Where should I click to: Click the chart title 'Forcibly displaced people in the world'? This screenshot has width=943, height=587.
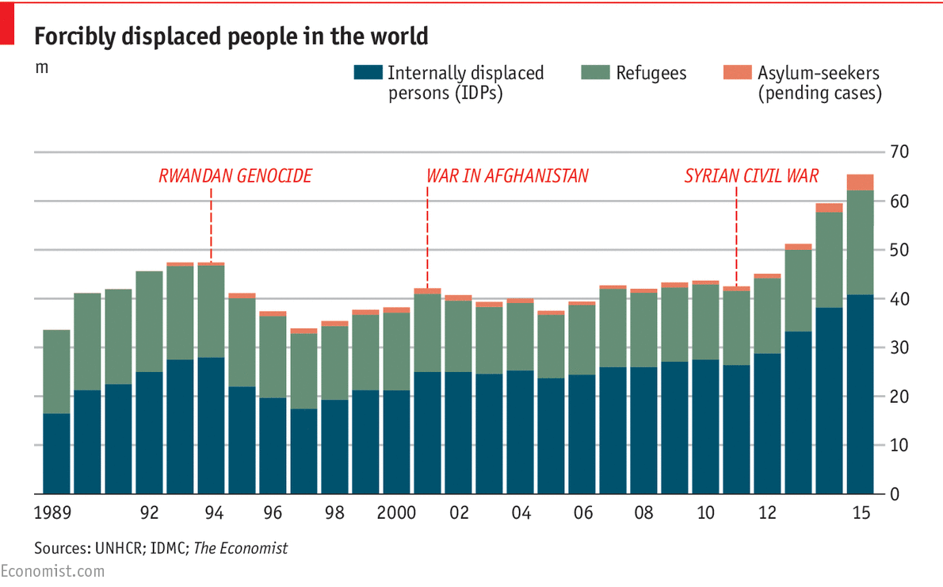pos(231,36)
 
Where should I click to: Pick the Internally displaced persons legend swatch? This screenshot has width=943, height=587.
pos(367,73)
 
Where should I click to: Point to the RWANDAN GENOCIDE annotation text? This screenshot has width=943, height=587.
pos(235,175)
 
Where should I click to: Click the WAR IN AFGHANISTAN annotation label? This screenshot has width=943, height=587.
pos(507,175)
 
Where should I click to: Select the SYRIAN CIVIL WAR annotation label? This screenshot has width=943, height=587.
pos(751,175)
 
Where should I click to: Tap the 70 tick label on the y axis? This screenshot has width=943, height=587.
pos(900,152)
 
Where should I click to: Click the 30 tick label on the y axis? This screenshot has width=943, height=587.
pos(900,347)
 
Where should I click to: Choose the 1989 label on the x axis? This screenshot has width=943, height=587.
pos(53,513)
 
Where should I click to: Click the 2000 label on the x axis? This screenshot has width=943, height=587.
pos(396,513)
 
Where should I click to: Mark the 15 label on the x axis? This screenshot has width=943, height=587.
pos(861,513)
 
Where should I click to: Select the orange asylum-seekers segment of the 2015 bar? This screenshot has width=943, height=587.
pos(860,182)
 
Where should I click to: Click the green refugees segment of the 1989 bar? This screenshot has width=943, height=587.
pos(56,371)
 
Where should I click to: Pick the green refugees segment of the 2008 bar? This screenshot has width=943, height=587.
pos(643,330)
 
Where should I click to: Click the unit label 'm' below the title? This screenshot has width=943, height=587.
pos(41,67)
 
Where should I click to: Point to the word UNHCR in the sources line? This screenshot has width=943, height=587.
pos(114,548)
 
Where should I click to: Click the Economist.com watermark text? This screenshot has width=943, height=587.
pos(52,571)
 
